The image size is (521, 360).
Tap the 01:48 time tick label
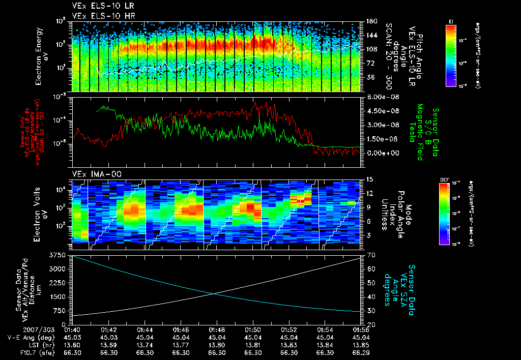(x=217, y=329)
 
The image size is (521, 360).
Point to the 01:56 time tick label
(x=361, y=329)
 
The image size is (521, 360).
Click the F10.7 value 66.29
(x=361, y=352)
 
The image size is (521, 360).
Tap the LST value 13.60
(x=73, y=345)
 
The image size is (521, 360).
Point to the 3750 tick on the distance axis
(x=58, y=254)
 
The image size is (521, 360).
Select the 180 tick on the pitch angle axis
(x=372, y=21)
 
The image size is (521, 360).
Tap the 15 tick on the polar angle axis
(x=370, y=179)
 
